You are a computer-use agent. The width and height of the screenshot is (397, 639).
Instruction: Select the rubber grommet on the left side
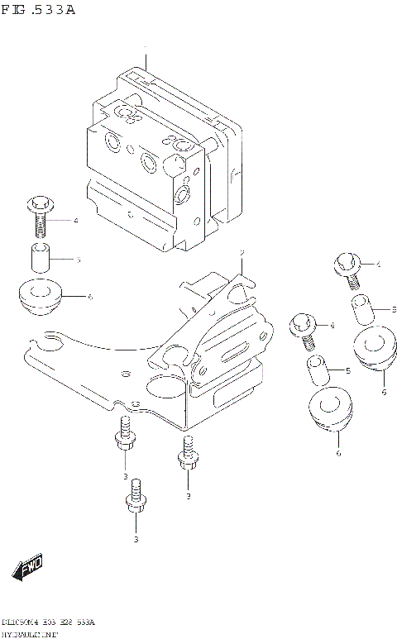tap(38, 298)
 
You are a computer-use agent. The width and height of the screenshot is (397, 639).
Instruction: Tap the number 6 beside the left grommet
tap(89, 297)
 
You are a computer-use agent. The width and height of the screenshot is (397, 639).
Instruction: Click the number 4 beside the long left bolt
tap(75, 221)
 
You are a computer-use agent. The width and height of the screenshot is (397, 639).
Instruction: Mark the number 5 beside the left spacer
tap(78, 259)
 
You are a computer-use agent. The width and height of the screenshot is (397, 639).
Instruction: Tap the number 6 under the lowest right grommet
tap(338, 453)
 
